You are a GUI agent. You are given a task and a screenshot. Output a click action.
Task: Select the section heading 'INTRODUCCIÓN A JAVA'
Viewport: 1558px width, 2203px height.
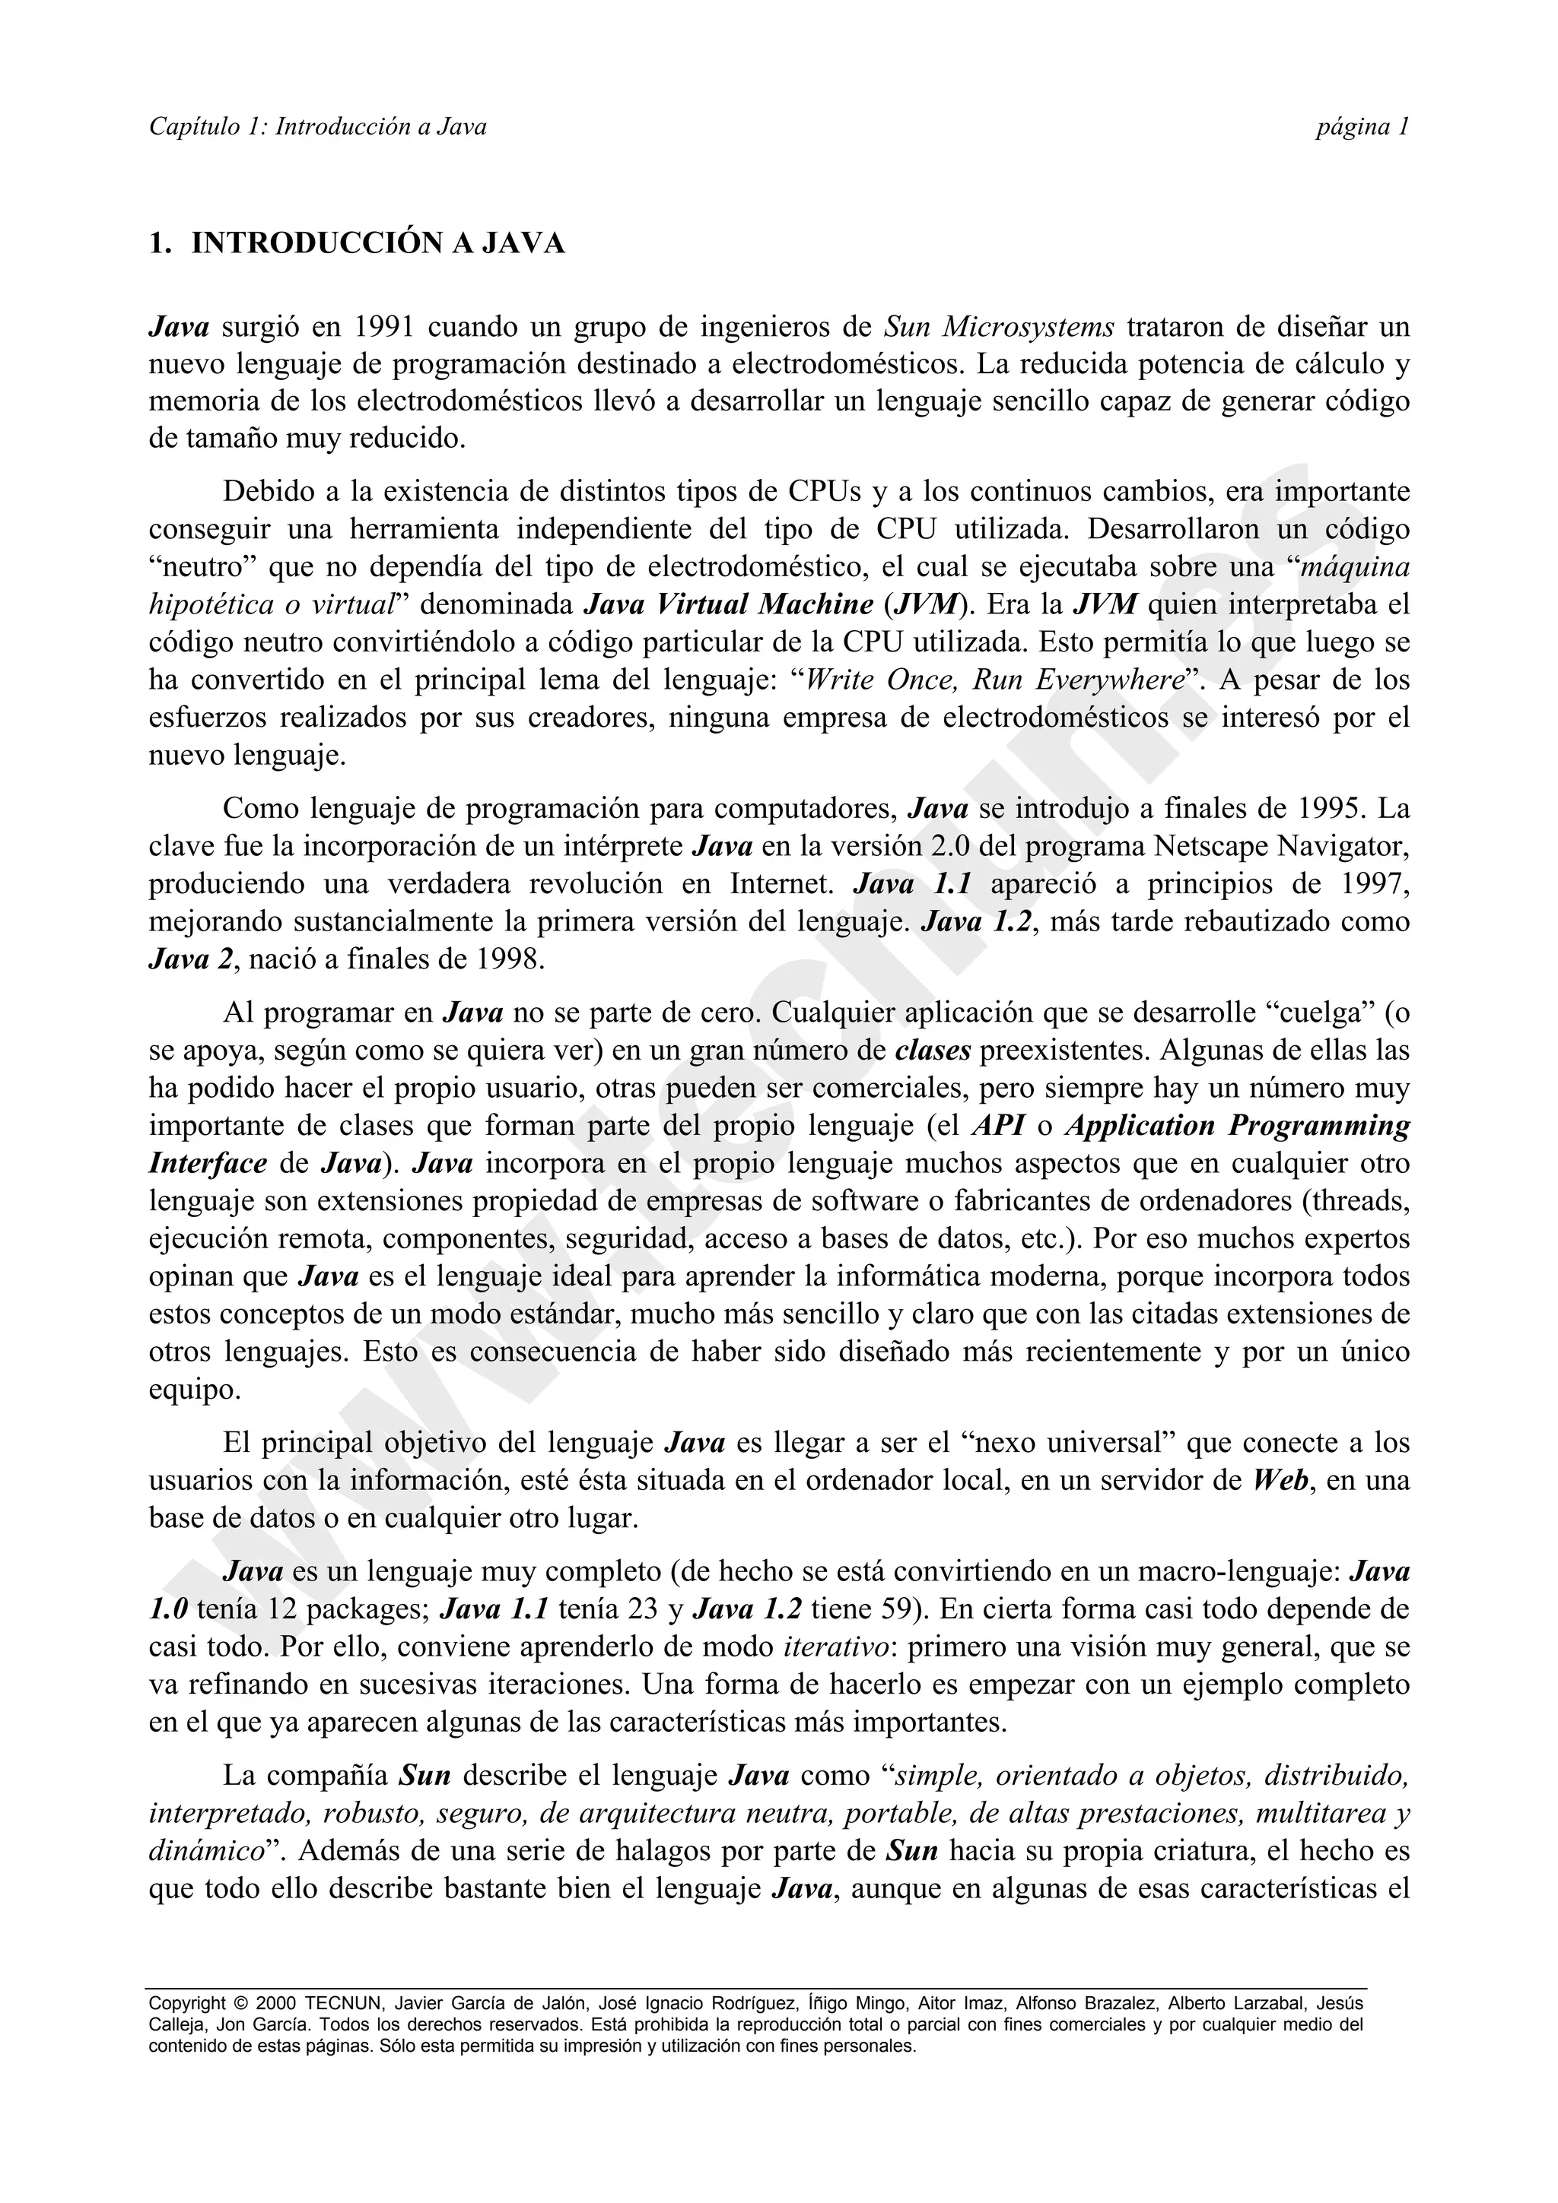pyautogui.click(x=378, y=244)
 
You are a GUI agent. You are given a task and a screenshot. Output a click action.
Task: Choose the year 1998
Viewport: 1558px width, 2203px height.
pyautogui.click(x=509, y=959)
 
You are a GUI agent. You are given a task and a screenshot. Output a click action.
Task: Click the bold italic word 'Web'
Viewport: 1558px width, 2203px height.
pyautogui.click(x=1280, y=1481)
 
